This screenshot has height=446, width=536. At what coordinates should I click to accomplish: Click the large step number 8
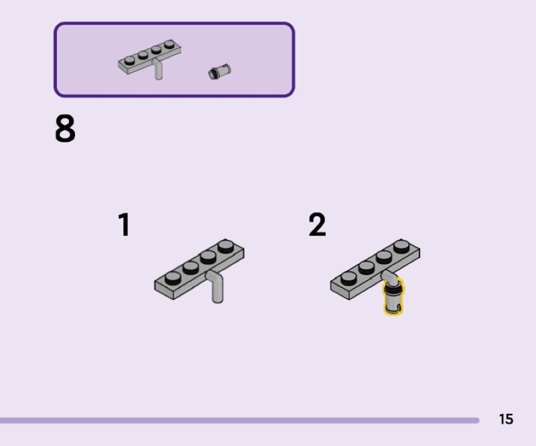[65, 129]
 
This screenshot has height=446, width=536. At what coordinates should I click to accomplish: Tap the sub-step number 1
[124, 226]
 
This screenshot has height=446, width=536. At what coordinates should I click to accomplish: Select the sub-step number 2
[317, 226]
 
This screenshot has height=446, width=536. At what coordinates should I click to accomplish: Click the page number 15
[506, 419]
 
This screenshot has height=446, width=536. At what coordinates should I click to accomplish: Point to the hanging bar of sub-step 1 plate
[217, 290]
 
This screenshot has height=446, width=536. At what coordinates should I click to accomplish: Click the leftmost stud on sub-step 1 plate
[173, 277]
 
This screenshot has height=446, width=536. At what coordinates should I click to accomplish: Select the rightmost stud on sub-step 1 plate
[226, 246]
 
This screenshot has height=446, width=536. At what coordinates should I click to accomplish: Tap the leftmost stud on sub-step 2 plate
[348, 277]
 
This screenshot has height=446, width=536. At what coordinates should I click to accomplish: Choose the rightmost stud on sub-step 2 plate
[402, 246]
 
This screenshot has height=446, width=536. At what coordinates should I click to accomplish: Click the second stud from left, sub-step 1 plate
[191, 267]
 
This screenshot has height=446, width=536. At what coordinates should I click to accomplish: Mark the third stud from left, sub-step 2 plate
[385, 256]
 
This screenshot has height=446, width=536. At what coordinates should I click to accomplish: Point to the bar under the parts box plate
[158, 70]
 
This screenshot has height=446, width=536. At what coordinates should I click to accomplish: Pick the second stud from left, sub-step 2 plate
[366, 267]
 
